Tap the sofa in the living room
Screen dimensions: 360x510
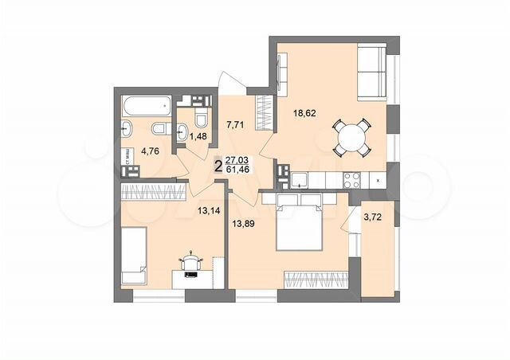[371, 70]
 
